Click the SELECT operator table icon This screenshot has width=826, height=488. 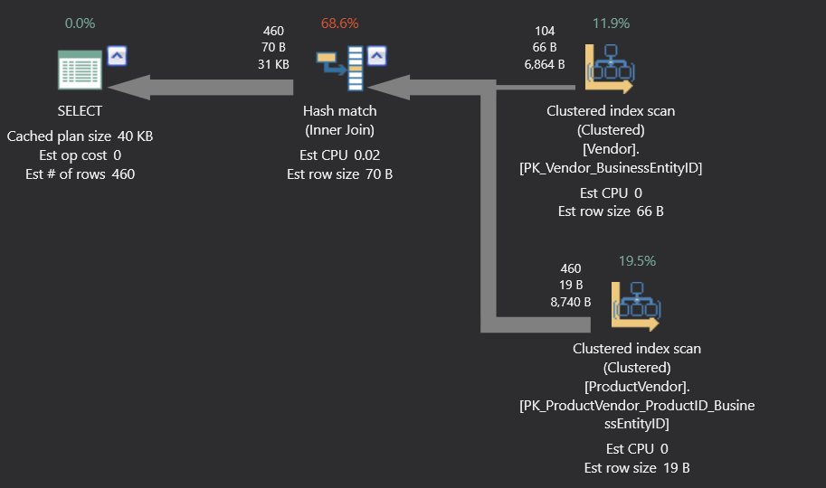coord(80,70)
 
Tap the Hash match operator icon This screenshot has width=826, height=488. coord(339,70)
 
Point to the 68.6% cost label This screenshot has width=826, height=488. coord(340,23)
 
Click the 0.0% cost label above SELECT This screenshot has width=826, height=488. coord(80,23)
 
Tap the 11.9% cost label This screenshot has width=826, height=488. coord(611,23)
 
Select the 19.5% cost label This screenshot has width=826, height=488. coord(637,260)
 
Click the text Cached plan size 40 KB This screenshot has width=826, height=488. coord(80,136)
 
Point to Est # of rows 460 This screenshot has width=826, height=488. coord(80,174)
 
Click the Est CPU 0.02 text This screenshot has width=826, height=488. coord(339,155)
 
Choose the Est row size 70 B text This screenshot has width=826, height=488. coord(339,174)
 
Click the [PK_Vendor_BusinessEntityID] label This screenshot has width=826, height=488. coord(611,168)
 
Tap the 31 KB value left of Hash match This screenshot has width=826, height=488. coord(273,64)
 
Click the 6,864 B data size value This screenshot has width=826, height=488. coord(545,64)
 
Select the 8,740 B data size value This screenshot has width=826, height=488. coord(571,302)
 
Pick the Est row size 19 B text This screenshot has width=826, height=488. coord(636,467)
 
